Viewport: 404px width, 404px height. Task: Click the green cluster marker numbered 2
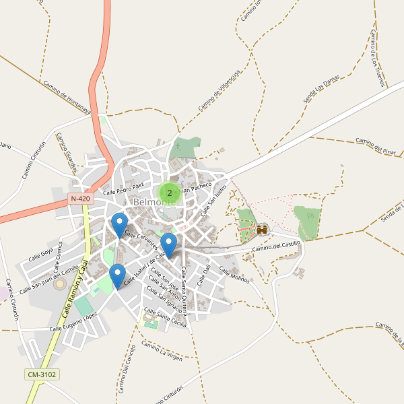(x=169, y=193)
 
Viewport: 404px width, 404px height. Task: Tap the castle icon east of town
(x=262, y=230)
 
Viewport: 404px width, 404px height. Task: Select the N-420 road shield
(x=79, y=199)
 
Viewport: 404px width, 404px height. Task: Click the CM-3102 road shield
(x=42, y=374)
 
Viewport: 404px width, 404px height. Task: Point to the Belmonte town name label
(x=155, y=202)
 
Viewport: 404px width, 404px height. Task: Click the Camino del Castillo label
(x=276, y=246)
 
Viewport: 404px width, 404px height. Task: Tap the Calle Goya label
(x=40, y=253)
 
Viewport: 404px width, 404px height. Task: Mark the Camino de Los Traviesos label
(x=377, y=58)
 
